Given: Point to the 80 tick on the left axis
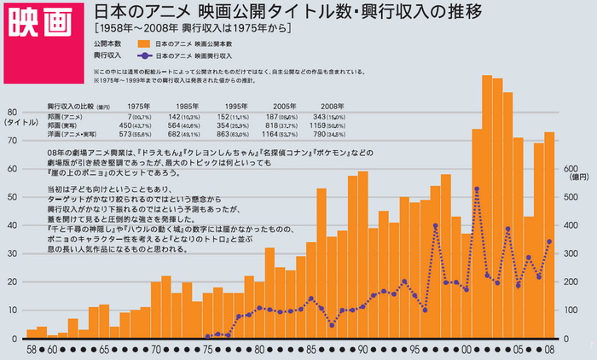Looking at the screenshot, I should [x=13, y=112].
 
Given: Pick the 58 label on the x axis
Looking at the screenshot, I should [x=32, y=349].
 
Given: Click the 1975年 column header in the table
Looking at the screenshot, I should [x=139, y=106].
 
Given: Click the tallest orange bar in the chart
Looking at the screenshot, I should [x=488, y=205].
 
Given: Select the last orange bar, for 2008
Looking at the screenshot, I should [x=550, y=235].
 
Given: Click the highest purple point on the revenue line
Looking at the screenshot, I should [x=477, y=189].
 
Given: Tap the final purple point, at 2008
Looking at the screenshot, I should [x=550, y=241].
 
